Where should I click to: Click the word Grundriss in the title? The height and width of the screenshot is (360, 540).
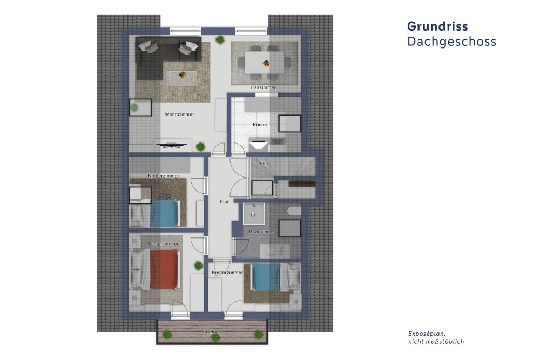coord(437,26)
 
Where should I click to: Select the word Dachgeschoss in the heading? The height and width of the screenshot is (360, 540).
coord(451,42)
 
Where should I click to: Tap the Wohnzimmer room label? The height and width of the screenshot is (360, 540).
coord(179,114)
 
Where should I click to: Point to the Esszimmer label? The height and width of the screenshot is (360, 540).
coord(264,87)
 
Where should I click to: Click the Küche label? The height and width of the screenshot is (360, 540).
coord(260,125)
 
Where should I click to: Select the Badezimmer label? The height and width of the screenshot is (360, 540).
coord(262,232)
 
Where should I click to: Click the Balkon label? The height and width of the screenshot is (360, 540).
coord(212,330)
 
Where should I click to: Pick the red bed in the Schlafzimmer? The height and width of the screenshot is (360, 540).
coord(163,270)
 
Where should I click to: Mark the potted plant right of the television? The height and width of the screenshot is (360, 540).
coord(200,146)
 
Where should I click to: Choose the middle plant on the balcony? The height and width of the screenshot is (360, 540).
coord(215,337)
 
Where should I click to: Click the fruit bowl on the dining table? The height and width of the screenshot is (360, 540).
coord(266,63)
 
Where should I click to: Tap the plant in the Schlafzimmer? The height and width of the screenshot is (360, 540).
coord(197,265)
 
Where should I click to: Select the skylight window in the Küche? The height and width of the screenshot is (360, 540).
coord(288,124)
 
